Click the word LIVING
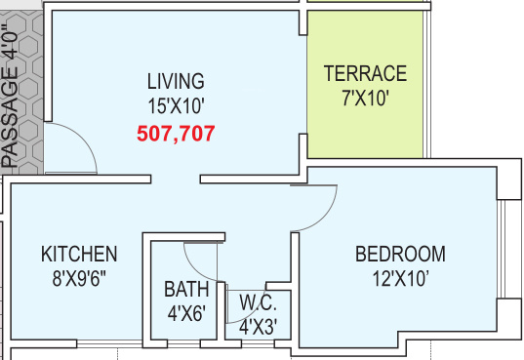pyautogui.click(x=176, y=81)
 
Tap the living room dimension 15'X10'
pyautogui.click(x=176, y=106)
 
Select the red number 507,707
pyautogui.click(x=176, y=134)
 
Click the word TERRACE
pyautogui.click(x=365, y=73)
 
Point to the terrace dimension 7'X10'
pyautogui.click(x=365, y=99)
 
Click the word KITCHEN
pyautogui.click(x=79, y=254)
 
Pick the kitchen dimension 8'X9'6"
pyautogui.click(x=79, y=278)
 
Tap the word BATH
pyautogui.click(x=186, y=289)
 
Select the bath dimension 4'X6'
pyautogui.click(x=186, y=313)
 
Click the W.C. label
pyautogui.click(x=258, y=302)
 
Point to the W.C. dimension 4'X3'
pyautogui.click(x=258, y=327)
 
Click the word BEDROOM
pyautogui.click(x=400, y=254)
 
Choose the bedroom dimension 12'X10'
pyautogui.click(x=400, y=278)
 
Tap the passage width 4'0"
pyautogui.click(x=10, y=41)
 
